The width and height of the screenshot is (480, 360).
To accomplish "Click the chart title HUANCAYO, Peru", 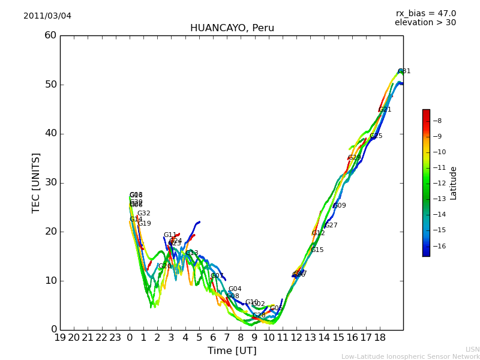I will tap(232, 28).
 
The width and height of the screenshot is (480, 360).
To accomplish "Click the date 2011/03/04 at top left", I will tap(47, 16).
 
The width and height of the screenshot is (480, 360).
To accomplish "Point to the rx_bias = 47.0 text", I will tap(425, 14).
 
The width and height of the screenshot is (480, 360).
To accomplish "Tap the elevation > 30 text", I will tap(425, 23).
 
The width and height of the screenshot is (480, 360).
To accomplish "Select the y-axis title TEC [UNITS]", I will tap(37, 182).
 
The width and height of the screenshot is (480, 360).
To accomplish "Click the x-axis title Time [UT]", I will tap(232, 350).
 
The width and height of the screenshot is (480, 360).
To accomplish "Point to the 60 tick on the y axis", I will tap(50, 35).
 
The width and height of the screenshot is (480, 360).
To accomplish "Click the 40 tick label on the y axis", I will tap(50, 133).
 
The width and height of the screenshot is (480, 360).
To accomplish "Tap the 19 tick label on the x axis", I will tap(60, 338).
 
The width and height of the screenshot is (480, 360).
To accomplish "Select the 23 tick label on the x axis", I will tap(116, 338).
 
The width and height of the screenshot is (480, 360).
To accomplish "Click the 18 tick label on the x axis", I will tap(380, 338).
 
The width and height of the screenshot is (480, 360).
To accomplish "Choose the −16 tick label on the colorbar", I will tap(441, 246).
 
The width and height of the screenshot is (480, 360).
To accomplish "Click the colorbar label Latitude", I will tap(454, 183).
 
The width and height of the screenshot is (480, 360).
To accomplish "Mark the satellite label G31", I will tap(404, 71).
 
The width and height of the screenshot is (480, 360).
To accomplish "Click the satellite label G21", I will tap(385, 110).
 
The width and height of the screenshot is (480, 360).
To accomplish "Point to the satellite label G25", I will tap(376, 136).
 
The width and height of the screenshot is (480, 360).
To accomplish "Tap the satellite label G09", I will tap(340, 206).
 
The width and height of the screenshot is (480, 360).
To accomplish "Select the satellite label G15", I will tap(317, 250).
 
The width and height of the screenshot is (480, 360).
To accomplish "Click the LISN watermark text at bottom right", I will tap(473, 349).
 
